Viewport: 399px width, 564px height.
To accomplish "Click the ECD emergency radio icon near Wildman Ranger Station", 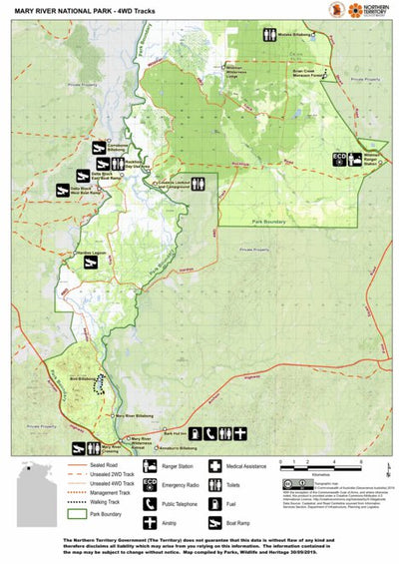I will coord(339,158).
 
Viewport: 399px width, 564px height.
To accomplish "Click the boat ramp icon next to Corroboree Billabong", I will coord(100,148).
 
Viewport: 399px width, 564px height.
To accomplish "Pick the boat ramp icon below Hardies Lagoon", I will coord(99,264).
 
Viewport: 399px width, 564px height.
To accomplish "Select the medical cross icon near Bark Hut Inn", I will coord(240,433).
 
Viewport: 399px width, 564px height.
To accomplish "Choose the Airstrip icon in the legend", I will coord(150,521).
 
